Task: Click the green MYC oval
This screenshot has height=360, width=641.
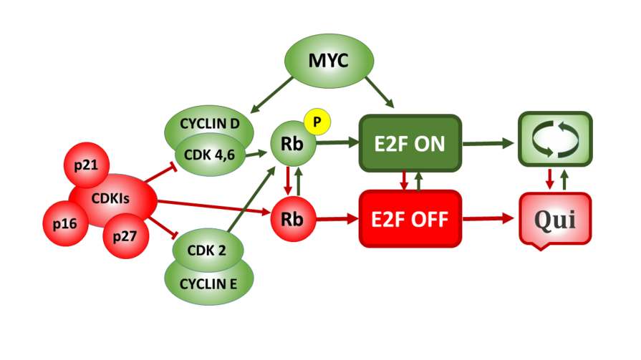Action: [328, 61]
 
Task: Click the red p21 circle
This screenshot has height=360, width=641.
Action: [87, 165]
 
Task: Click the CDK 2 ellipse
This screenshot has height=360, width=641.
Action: [207, 250]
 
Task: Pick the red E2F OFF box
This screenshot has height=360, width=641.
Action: [409, 218]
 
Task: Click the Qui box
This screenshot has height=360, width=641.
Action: [556, 218]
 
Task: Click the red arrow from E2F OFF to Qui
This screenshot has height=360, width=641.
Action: [490, 218]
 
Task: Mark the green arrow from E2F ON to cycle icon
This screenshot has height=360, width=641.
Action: [490, 143]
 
